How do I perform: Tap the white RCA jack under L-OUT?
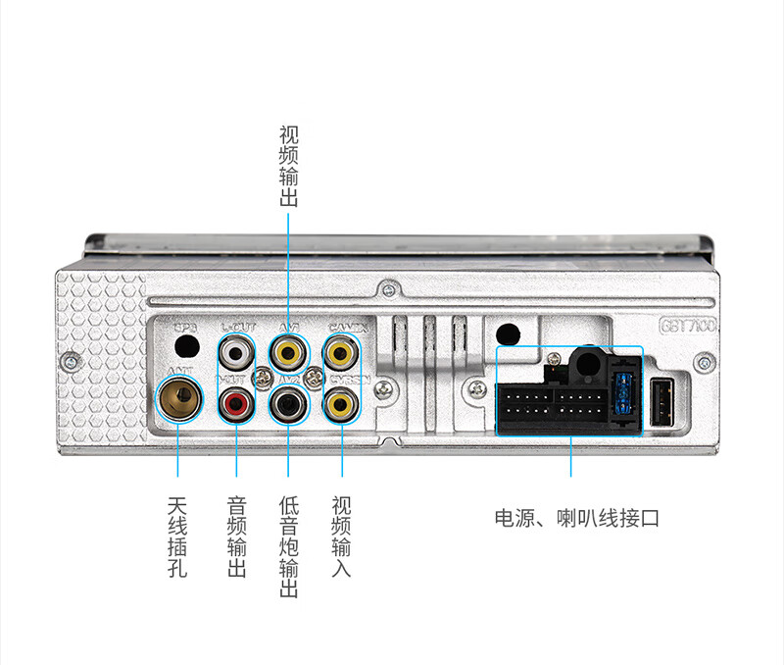coord(236,349)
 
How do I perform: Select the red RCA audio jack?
coord(236,401)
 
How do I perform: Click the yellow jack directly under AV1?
coord(288,349)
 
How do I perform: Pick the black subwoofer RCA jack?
coord(288,401)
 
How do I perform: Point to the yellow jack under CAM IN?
coord(341,349)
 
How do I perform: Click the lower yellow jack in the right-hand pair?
coord(341,401)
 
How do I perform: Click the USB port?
coord(663,402)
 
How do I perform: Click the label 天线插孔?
coord(177,537)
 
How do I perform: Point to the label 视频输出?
coord(288,166)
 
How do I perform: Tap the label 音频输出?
coord(236,537)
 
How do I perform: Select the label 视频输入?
coord(341,537)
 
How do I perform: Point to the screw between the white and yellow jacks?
coord(262,376)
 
